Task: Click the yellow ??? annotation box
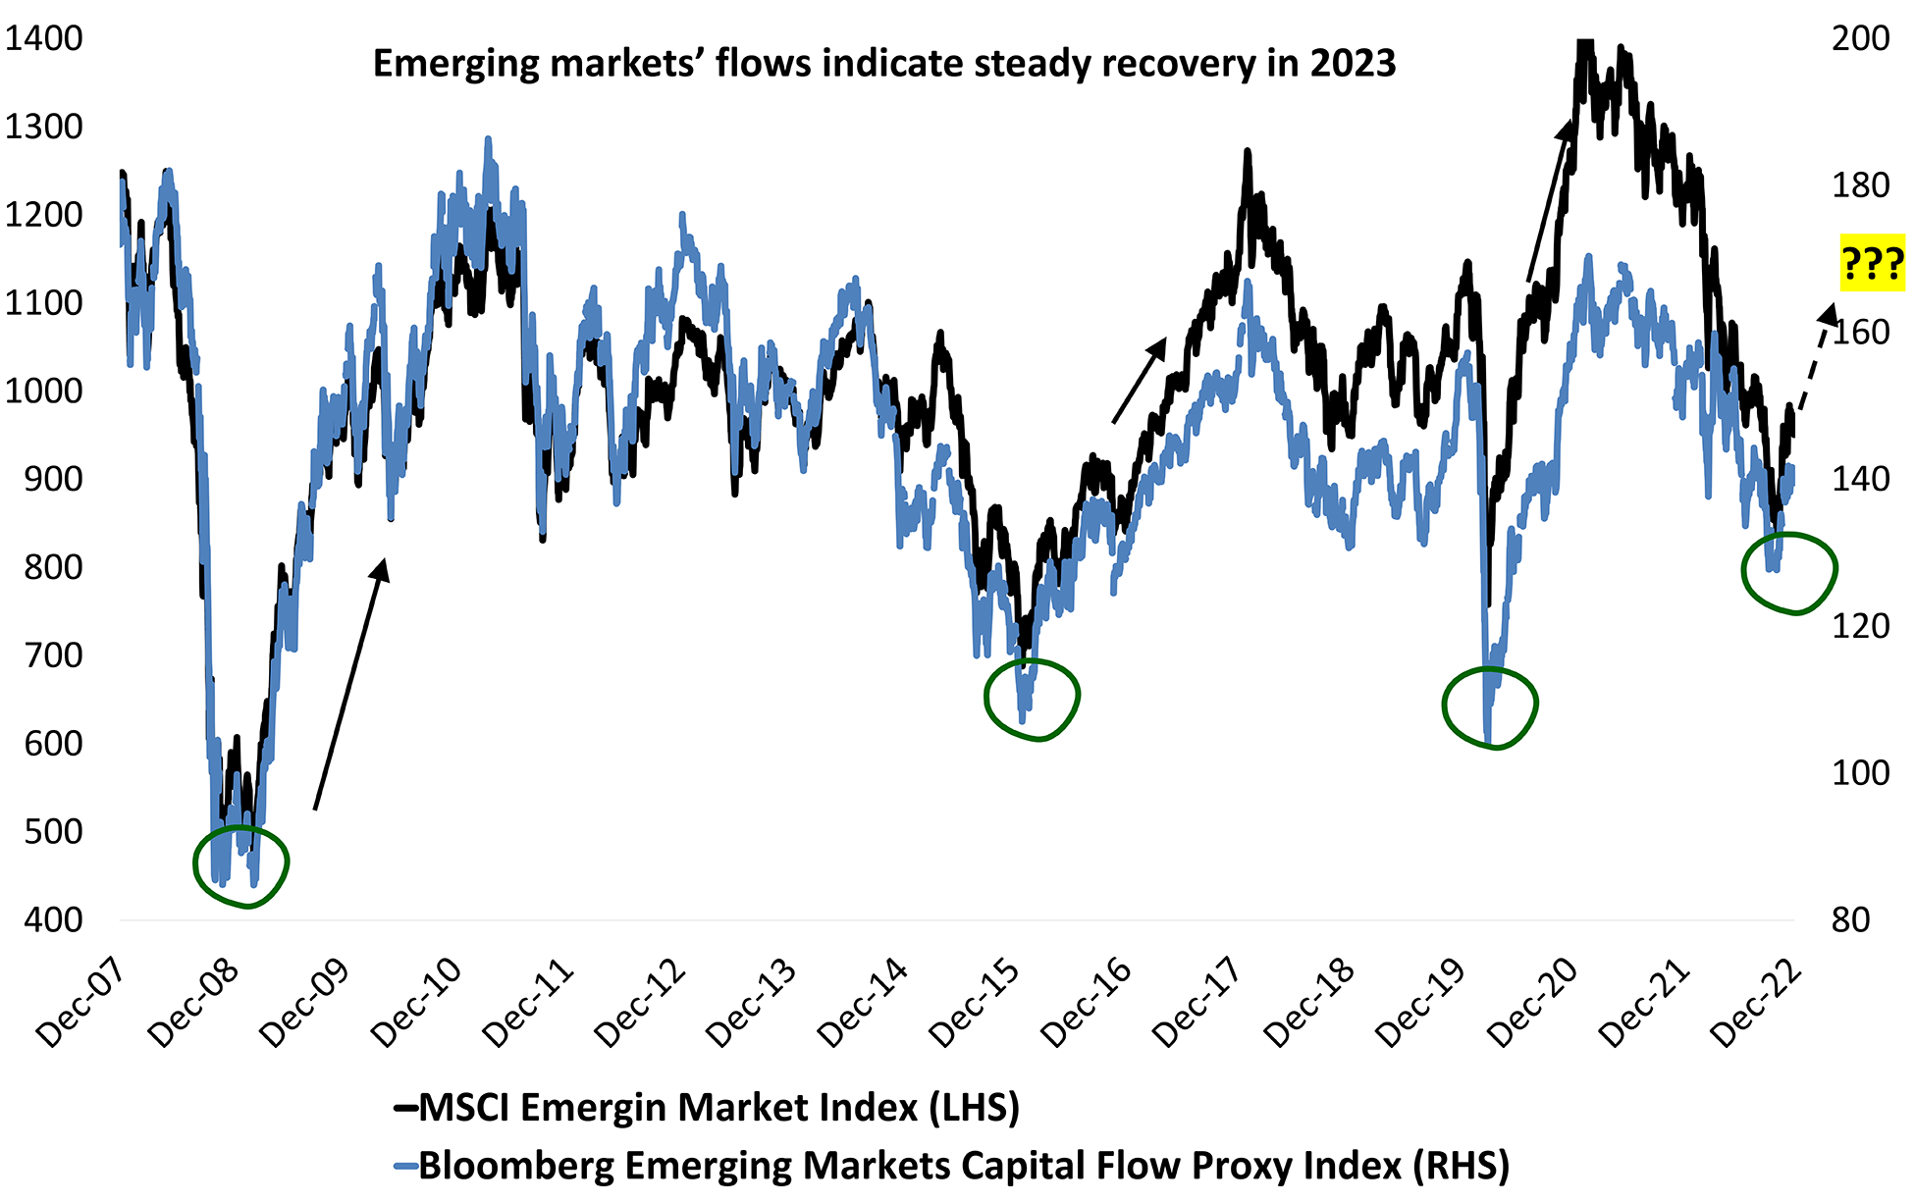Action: [1872, 263]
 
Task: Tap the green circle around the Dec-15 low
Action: [1032, 699]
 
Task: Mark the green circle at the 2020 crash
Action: [1490, 706]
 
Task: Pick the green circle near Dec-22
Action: [1788, 573]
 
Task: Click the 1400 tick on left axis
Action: [44, 38]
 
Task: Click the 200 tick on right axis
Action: [1860, 38]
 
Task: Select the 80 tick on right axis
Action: [1850, 919]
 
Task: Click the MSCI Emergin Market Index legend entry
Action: [707, 1108]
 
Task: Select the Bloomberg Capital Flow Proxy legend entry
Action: [952, 1166]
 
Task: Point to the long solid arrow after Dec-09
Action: [350, 685]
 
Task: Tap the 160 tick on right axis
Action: [1860, 332]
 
